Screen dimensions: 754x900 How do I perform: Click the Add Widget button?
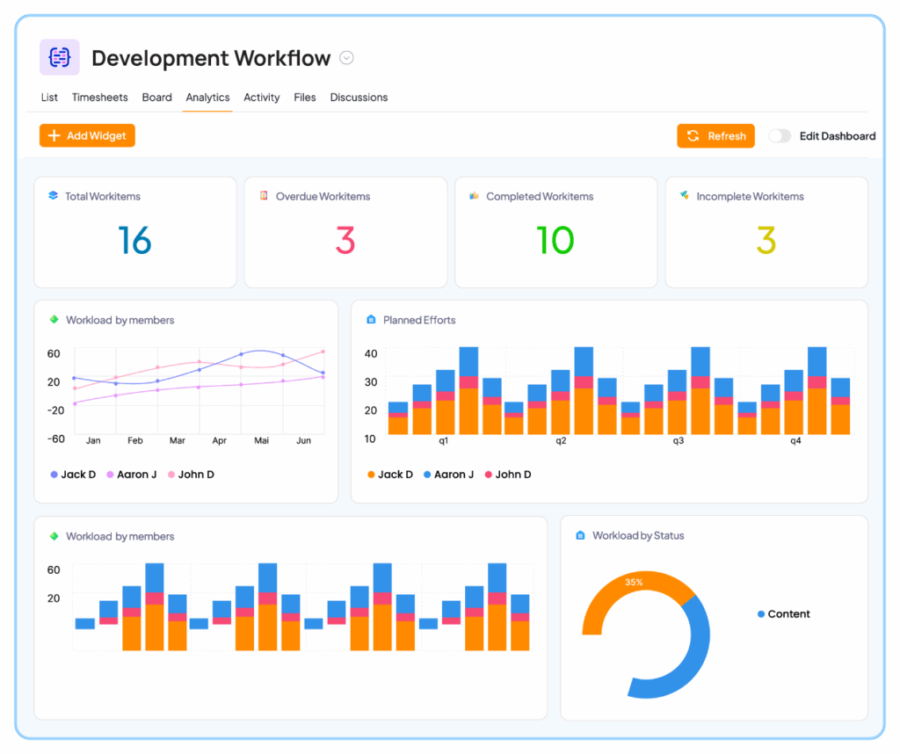point(87,135)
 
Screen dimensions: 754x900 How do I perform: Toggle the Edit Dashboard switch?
point(779,136)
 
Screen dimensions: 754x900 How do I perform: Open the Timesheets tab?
point(99,98)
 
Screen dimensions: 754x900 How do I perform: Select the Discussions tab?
point(359,98)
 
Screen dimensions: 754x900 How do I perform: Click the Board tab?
point(156,98)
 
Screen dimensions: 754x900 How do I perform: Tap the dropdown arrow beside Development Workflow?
point(346,58)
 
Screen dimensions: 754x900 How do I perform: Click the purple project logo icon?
point(60,58)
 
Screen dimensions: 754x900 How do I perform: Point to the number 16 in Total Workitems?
point(134,240)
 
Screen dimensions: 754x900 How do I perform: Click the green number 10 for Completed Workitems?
point(555,240)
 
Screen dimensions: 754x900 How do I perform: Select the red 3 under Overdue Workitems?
point(345,240)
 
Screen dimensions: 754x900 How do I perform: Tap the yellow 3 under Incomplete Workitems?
point(766,240)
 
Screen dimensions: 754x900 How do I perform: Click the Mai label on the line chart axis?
point(261,440)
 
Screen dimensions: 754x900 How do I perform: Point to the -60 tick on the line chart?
point(54,439)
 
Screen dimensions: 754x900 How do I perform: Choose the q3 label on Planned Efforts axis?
point(678,440)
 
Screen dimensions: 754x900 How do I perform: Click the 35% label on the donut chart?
point(633,582)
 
